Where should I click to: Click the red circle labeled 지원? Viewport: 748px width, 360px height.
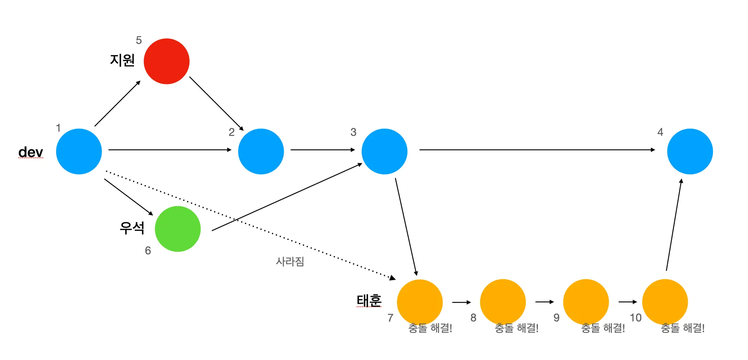point(167,61)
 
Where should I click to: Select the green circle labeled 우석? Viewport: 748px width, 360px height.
point(178,229)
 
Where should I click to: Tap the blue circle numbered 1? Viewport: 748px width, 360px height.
point(79,152)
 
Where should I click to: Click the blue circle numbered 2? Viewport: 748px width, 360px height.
point(261,152)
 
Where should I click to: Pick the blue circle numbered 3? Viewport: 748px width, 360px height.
point(384,152)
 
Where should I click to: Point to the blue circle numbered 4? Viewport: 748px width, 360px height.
point(690,152)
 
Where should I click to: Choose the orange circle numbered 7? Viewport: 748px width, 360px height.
point(420,302)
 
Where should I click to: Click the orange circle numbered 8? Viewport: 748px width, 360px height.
point(503,302)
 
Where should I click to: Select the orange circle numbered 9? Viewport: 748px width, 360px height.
point(586,302)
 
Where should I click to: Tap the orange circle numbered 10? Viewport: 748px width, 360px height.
point(665,302)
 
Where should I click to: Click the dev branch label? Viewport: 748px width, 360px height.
point(31,152)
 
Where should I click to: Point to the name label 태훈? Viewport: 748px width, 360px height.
point(369,300)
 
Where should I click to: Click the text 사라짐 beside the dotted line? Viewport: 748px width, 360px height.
point(290,261)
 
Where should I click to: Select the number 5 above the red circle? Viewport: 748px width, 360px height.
point(139,40)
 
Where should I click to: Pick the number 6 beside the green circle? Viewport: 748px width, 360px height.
point(148,250)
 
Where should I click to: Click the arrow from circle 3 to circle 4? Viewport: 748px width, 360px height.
point(537,150)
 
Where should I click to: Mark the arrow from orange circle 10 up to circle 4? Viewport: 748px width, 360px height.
point(674,225)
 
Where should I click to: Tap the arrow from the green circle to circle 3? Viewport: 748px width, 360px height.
point(287,197)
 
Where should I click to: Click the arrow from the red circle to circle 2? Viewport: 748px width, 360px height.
point(216,103)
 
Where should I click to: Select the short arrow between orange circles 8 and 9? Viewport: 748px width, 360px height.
point(544,302)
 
